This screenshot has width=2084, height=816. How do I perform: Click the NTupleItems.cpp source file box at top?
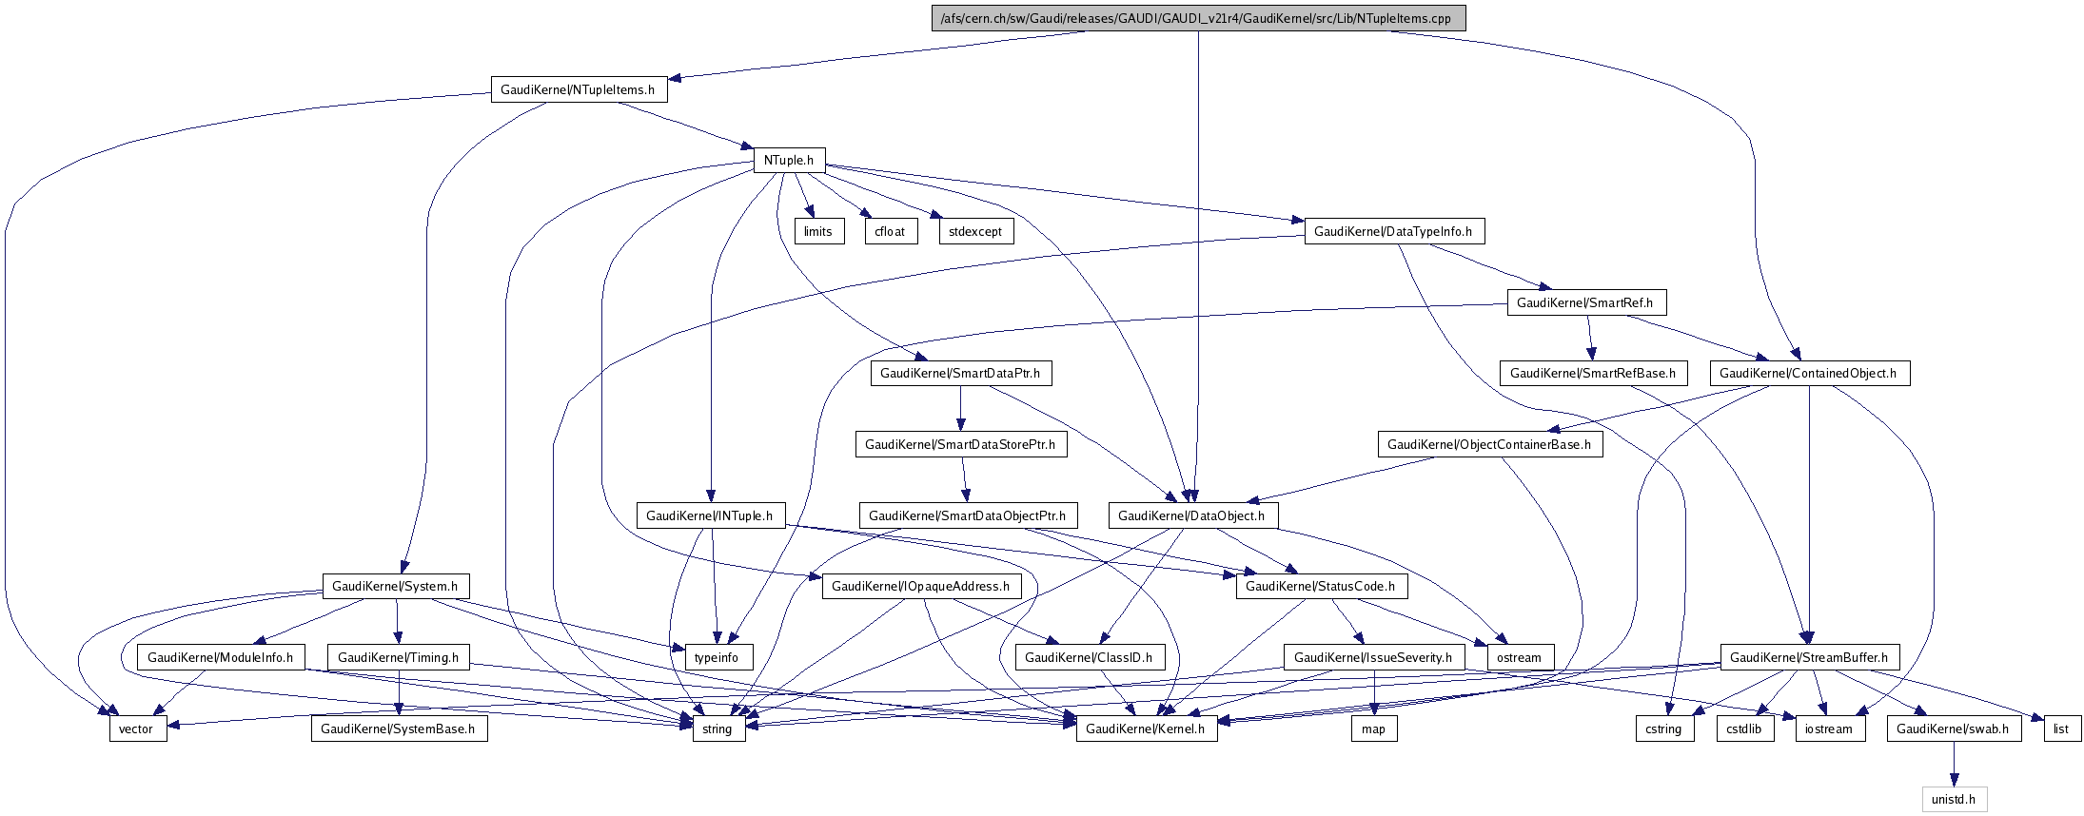point(1198,18)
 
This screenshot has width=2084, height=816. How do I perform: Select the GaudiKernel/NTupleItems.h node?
point(578,89)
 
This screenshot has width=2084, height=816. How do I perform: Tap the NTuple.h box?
point(788,160)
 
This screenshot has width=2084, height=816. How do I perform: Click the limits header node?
point(818,231)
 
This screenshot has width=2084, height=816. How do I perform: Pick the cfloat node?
point(891,231)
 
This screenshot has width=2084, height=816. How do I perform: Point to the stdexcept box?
point(975,231)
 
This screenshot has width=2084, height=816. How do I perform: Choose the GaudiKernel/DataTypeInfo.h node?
point(1393,231)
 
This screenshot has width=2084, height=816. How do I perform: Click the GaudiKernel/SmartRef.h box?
point(1585,302)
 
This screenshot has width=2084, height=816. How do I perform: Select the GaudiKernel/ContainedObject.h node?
point(1808,373)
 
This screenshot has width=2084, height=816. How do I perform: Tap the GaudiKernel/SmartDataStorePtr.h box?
point(960,444)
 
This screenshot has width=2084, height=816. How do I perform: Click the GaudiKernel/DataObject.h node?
point(1191,515)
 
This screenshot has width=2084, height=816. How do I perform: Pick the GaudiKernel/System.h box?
point(395,586)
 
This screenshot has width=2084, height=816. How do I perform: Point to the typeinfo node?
point(717,657)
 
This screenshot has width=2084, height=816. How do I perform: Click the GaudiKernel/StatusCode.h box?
point(1320,586)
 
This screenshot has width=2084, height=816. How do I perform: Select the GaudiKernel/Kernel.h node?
point(1146,729)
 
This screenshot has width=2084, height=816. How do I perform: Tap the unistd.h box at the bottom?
point(1954,799)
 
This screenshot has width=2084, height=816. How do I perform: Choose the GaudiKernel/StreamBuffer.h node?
point(1809,657)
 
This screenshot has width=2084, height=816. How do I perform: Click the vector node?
point(136,729)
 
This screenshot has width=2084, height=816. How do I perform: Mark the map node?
point(1373,729)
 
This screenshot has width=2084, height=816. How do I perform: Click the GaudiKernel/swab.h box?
point(1953,729)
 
